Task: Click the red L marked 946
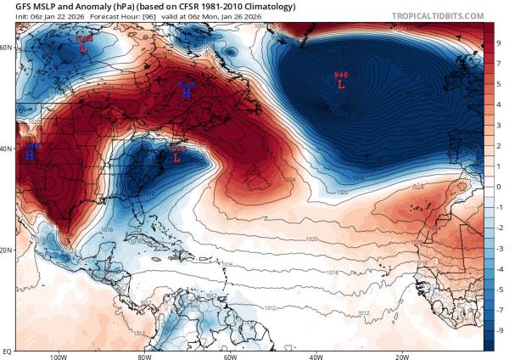pos(341,84)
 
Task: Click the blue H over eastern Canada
pos(186,93)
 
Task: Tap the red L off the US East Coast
pos(176,157)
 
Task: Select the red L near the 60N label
pos(84,48)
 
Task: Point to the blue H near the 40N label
pos(30,155)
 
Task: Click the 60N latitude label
pos(7,48)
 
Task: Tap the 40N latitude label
pos(7,149)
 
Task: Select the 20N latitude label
pos(7,250)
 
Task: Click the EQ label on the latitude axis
pos(7,349)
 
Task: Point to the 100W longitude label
pos(58,356)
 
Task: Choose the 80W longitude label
pos(144,356)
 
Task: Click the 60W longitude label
pos(230,356)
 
